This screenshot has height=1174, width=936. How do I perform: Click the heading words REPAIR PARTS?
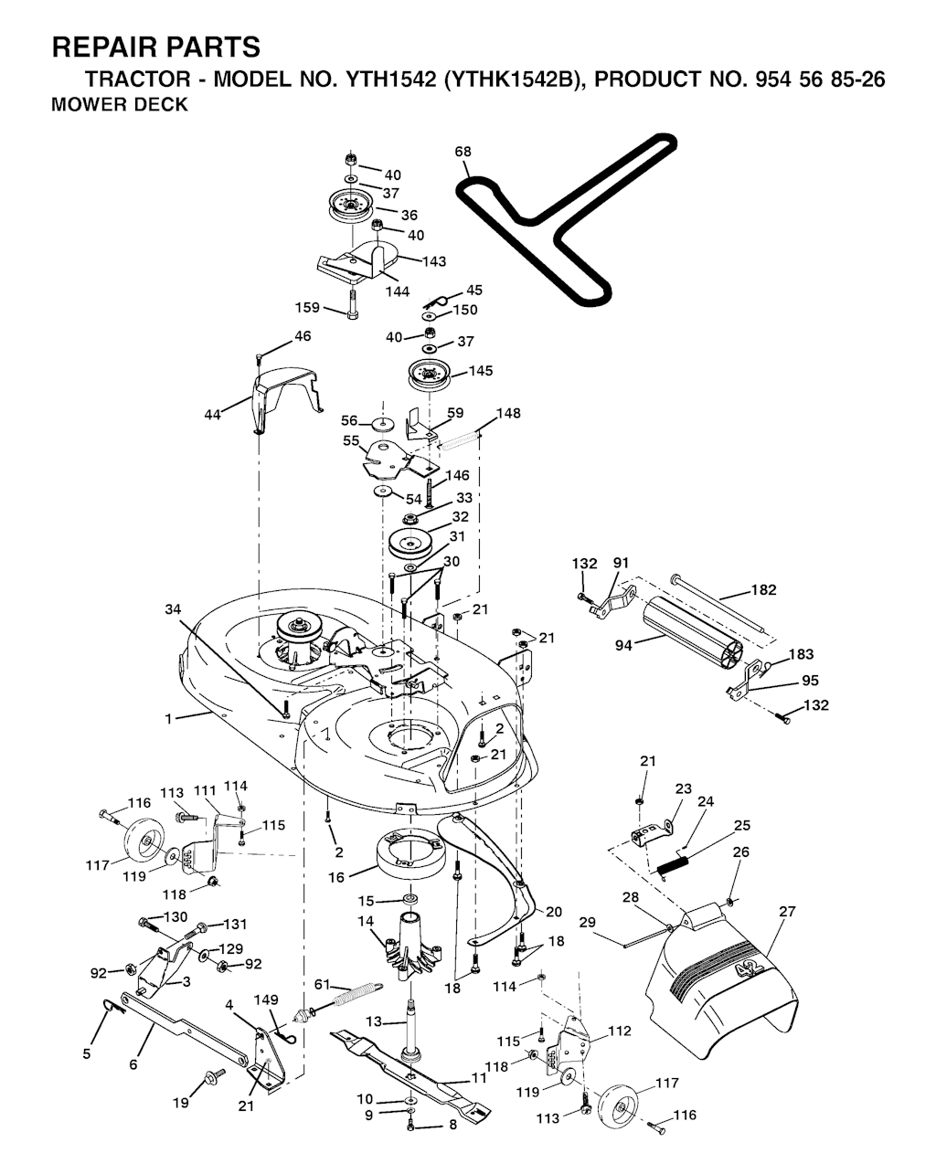click(156, 47)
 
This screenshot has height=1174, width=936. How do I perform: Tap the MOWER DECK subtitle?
click(120, 104)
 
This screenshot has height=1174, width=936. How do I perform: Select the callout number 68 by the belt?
click(463, 151)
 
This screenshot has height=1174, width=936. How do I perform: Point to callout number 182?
click(763, 589)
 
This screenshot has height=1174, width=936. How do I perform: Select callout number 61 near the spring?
click(323, 984)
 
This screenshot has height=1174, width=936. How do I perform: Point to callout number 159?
click(307, 307)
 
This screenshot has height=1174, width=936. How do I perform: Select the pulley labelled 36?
click(351, 206)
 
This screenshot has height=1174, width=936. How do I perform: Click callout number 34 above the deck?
click(173, 608)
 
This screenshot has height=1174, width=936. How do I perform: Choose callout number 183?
click(802, 653)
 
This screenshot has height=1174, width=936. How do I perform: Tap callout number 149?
click(266, 999)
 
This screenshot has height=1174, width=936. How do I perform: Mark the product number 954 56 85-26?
click(820, 79)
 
